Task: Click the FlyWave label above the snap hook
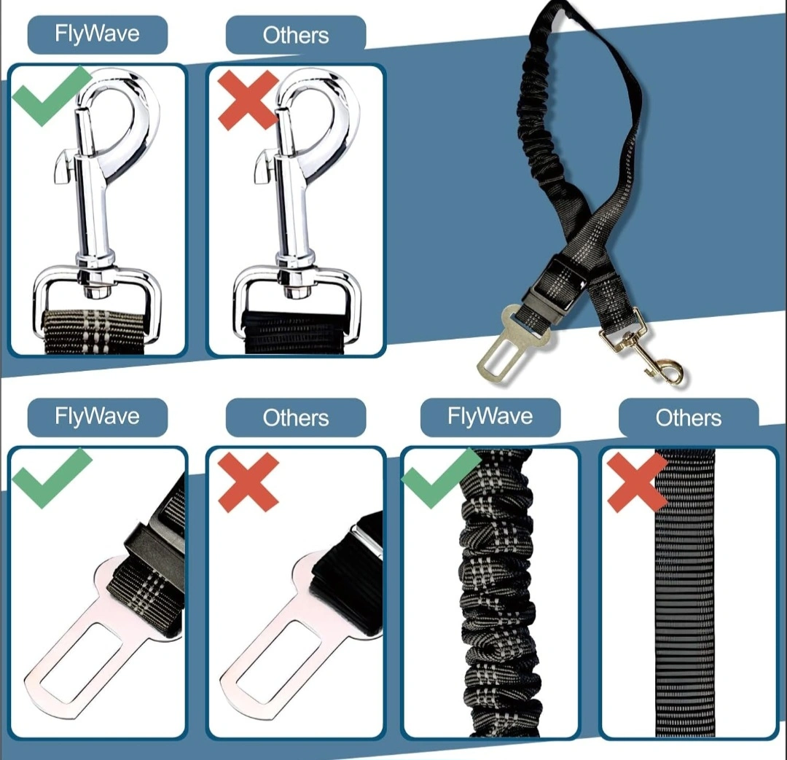97,34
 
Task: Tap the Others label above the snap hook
296,35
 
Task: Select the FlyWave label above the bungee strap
490,417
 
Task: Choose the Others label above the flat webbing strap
688,418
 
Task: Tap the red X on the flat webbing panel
637,482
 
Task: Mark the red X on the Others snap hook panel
248,100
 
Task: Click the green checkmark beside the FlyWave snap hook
51,96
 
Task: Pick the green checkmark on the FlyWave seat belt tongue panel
51,479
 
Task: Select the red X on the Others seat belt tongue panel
248,482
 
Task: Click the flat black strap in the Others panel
685,593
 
